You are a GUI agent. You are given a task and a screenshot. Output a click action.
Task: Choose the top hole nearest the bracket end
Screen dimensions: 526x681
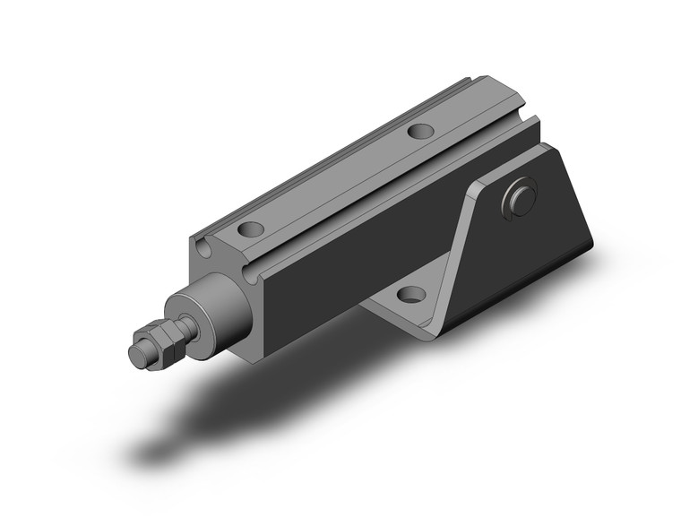(x=418, y=131)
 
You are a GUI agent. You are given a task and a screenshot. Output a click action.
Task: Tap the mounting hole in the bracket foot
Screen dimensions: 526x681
(x=409, y=293)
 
